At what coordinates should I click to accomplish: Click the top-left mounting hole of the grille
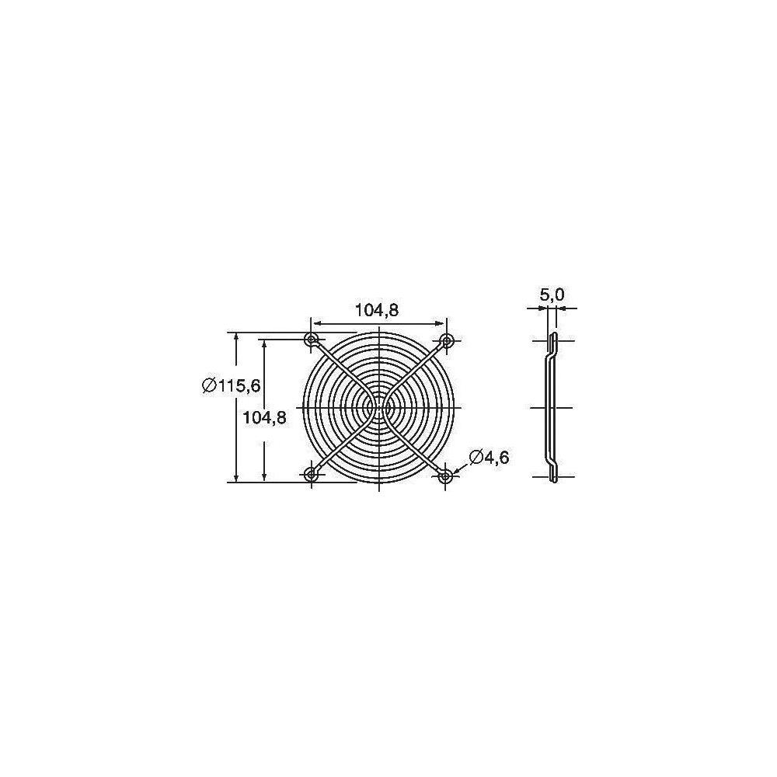[312, 340]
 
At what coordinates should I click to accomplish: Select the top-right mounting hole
[447, 340]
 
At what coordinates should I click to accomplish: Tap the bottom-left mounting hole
[312, 475]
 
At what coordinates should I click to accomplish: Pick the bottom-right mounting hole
[445, 476]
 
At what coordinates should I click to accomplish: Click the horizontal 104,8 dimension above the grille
[377, 310]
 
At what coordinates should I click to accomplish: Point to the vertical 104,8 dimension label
[265, 418]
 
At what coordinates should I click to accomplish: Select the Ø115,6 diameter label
[232, 385]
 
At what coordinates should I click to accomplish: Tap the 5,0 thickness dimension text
[552, 295]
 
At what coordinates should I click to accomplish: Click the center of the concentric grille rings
[378, 407]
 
